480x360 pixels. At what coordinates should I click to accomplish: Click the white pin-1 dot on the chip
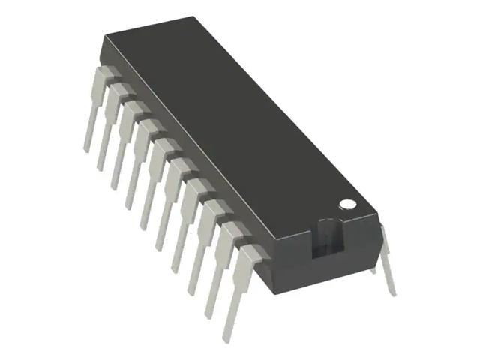(346, 203)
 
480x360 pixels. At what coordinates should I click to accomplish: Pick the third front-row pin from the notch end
(202, 240)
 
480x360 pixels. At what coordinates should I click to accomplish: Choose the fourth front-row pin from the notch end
(187, 221)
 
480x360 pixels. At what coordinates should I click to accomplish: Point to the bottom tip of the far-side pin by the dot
(393, 292)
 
